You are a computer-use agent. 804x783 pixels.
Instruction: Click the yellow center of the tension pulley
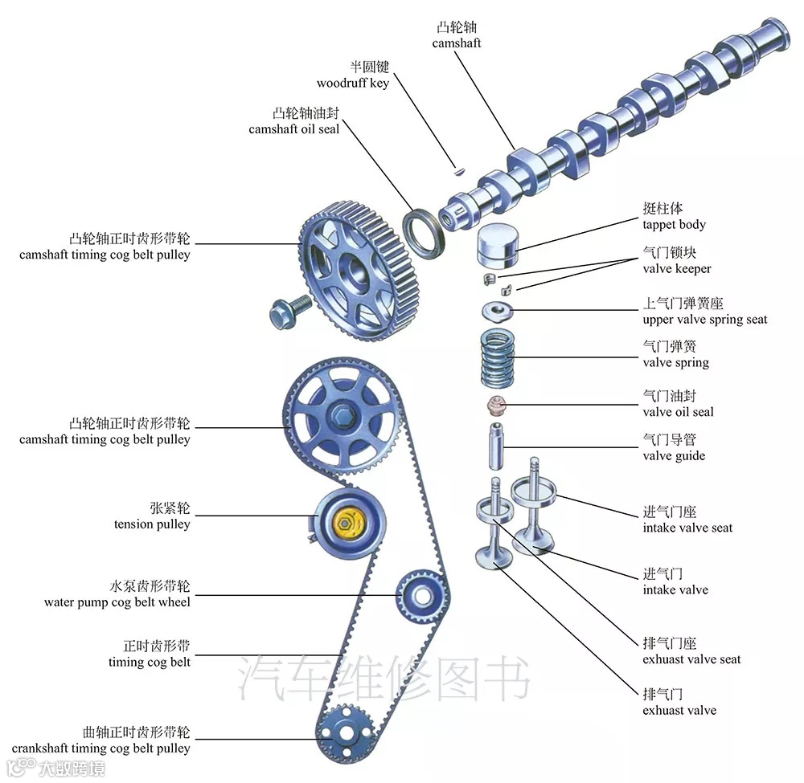click(x=347, y=523)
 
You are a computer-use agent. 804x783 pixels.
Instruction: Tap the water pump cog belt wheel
click(x=420, y=596)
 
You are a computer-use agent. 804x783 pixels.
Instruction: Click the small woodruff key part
click(x=457, y=169)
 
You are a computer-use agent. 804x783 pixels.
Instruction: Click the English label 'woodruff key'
click(x=352, y=83)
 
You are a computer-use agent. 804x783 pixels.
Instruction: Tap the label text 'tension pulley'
click(x=152, y=524)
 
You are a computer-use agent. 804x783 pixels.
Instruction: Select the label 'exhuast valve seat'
click(x=691, y=659)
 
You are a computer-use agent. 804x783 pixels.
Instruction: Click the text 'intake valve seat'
click(x=687, y=528)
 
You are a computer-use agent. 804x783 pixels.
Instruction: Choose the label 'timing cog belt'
click(x=150, y=662)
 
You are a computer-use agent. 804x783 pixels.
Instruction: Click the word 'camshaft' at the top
click(x=457, y=43)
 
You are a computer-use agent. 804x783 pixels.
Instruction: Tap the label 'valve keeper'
click(x=676, y=268)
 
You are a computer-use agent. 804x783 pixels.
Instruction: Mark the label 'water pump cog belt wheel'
click(x=117, y=602)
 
